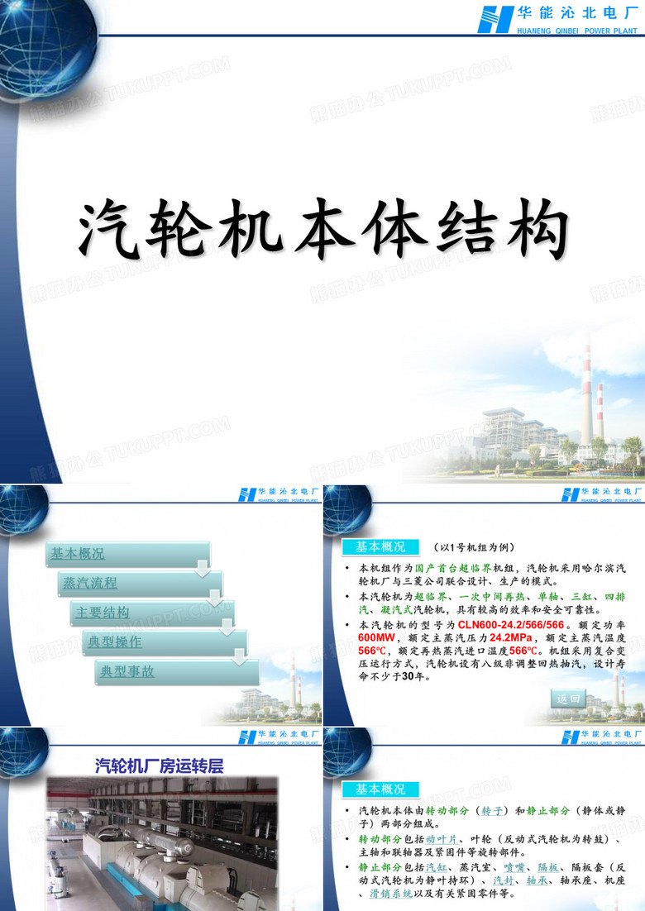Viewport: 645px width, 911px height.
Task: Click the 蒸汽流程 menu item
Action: coord(89,583)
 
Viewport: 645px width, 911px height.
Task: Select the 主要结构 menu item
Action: coord(103,613)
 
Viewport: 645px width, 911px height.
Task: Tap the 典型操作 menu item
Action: coord(115,642)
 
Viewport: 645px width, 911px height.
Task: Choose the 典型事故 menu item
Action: coord(127,671)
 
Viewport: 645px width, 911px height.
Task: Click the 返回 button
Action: coord(569,699)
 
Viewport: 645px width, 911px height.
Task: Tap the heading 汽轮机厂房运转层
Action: coord(159,766)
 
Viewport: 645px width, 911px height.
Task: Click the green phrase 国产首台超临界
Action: coord(453,569)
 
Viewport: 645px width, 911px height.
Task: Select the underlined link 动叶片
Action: coord(441,838)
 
